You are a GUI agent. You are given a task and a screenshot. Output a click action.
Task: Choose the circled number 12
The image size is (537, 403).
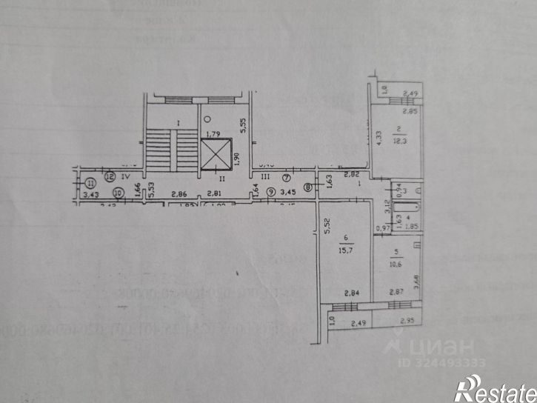coord(110,176)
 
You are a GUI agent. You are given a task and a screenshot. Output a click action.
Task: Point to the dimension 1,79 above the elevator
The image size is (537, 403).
coord(214,134)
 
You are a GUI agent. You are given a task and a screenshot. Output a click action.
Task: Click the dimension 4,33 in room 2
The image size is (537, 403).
coord(379,139)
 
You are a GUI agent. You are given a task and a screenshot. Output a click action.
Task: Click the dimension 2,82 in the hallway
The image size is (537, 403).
coord(351,174)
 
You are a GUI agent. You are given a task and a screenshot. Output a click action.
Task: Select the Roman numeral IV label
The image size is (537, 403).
coord(127,177)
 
